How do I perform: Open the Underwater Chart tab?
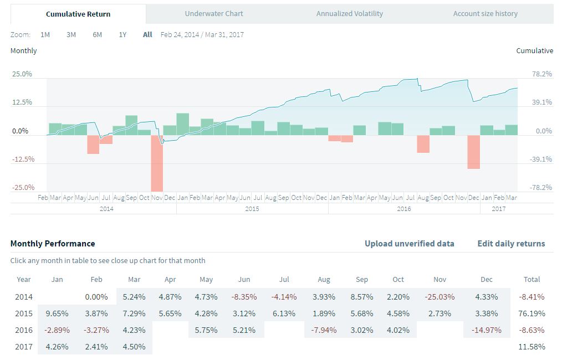[x=214, y=13]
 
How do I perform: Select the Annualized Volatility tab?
[x=349, y=13]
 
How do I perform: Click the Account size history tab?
[x=485, y=13]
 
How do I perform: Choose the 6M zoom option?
[x=97, y=34]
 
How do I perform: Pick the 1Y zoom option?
[x=122, y=34]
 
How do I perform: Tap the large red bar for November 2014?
[x=157, y=163]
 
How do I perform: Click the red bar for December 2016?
[x=473, y=152]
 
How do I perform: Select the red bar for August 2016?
[x=423, y=144]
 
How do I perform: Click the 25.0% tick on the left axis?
[x=23, y=74]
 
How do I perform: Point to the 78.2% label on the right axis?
[x=542, y=74]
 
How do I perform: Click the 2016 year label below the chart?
[x=404, y=208]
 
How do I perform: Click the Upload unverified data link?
[x=409, y=244]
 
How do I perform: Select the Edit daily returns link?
[x=511, y=244]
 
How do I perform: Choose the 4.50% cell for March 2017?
[x=134, y=347]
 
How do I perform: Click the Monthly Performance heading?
[x=53, y=244]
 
